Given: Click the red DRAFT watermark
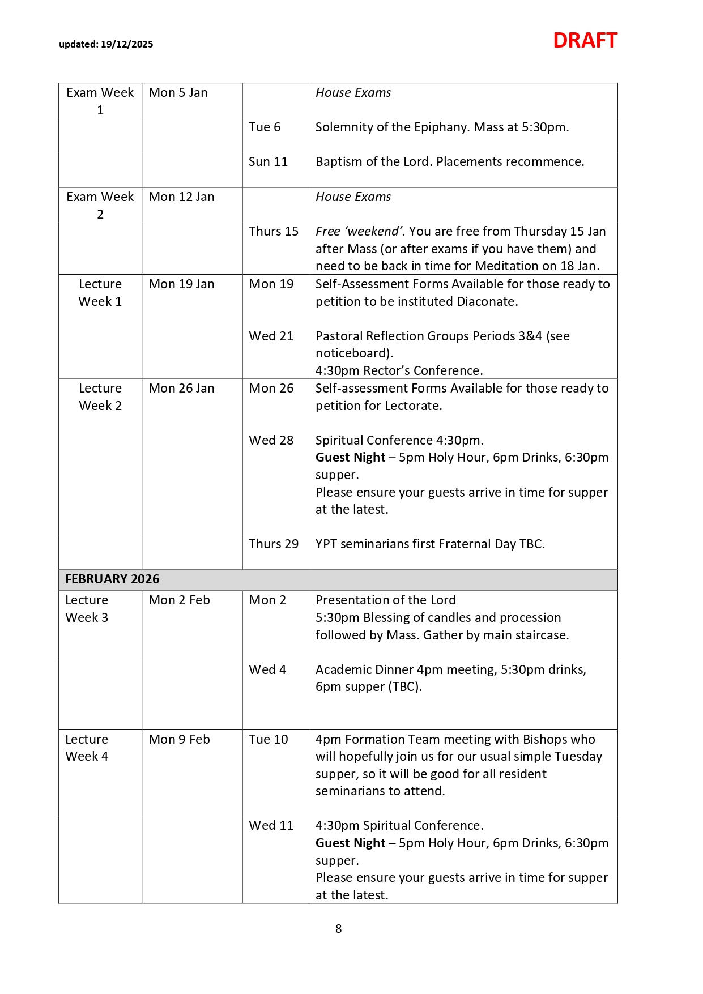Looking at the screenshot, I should (585, 41).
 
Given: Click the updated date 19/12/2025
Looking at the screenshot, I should (127, 45).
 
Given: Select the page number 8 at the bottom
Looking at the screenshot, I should (339, 928).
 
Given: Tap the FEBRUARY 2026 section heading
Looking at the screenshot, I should (112, 579).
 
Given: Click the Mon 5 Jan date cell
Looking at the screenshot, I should (178, 93).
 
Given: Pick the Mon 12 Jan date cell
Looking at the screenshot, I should (181, 197).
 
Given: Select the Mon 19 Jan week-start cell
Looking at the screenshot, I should (181, 284).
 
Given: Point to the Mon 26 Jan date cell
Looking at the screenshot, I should (181, 389).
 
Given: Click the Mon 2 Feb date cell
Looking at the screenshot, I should (179, 600).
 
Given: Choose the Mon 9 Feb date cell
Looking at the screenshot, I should (179, 740).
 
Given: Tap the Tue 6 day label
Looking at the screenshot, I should (265, 127).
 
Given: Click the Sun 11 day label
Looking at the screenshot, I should (268, 162).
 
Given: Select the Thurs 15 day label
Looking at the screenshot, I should (274, 232).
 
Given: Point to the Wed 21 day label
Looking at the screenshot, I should (271, 336).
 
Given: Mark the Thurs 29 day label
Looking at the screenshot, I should (274, 544).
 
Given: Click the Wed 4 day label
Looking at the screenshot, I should (267, 670).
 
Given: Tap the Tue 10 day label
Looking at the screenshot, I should (268, 740).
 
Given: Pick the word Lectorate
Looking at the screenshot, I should (415, 406).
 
